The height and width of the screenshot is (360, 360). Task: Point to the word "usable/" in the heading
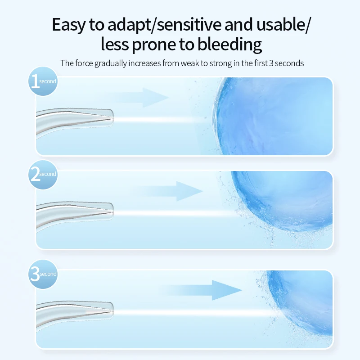[285, 25]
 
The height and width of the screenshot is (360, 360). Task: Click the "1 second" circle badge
[43, 81]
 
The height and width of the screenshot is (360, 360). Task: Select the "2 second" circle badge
[43, 174]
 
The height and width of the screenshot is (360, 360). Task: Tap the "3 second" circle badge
[43, 274]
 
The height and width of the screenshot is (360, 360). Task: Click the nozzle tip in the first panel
[110, 118]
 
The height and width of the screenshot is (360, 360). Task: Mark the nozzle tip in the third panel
[110, 310]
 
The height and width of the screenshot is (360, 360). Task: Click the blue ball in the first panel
[274, 116]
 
